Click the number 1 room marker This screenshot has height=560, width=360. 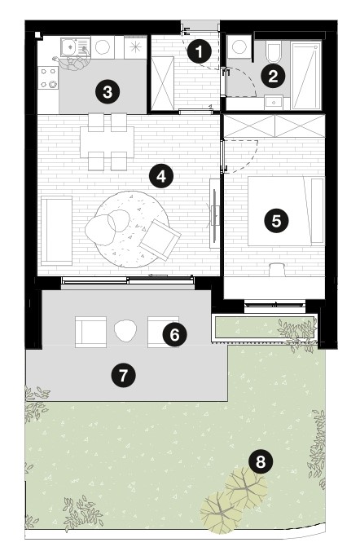click(x=200, y=51)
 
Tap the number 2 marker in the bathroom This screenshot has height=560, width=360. click(x=273, y=76)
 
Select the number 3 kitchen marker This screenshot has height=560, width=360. click(x=108, y=92)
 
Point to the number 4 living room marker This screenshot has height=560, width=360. click(x=161, y=176)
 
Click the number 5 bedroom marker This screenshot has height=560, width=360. click(x=276, y=221)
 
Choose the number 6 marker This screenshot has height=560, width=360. click(x=174, y=335)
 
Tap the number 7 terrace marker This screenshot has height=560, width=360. click(x=123, y=375)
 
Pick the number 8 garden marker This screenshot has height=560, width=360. click(x=261, y=461)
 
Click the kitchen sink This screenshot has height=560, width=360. click(x=75, y=47)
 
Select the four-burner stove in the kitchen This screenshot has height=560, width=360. click(x=49, y=78)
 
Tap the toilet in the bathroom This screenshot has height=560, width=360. click(x=274, y=52)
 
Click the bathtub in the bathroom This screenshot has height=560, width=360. click(x=306, y=75)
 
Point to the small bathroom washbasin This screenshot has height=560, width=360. click(x=274, y=102)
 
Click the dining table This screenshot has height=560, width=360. click(x=108, y=142)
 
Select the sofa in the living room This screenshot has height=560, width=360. click(x=57, y=231)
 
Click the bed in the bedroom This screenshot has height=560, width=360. click(x=286, y=211)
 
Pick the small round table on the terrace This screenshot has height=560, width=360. click(x=125, y=331)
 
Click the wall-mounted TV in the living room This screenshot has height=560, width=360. click(x=214, y=212)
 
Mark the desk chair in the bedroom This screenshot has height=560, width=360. click(x=277, y=269)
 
